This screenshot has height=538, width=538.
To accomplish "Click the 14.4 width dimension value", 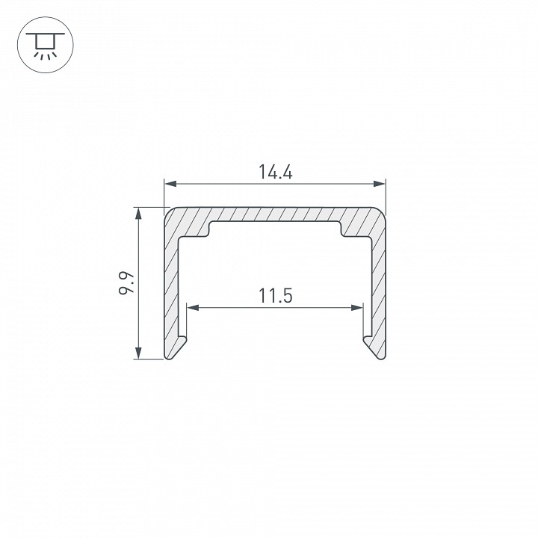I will coord(275,172).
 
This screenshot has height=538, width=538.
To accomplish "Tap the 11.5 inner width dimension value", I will coord(275,296).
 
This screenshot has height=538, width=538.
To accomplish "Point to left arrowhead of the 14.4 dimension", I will coord(170,183).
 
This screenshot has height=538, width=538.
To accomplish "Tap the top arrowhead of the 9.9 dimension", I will coord(138,213).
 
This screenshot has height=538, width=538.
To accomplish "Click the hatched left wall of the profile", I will coord(173,284).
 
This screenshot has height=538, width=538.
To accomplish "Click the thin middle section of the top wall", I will coord(275,214).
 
